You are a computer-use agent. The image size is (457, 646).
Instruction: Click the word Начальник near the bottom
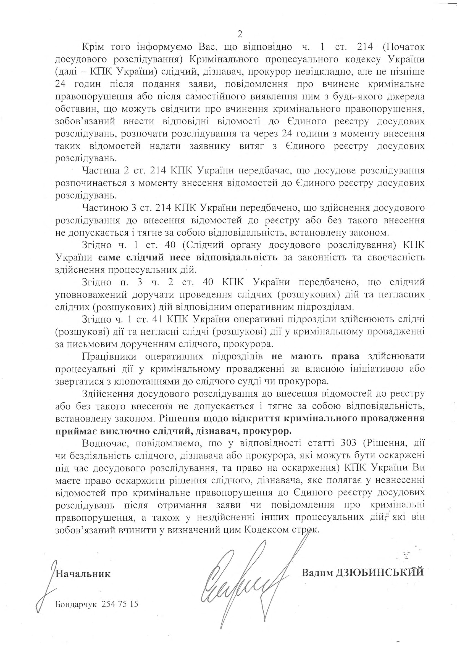pos(83,573)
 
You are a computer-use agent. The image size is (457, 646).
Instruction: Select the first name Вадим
pos(317,572)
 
